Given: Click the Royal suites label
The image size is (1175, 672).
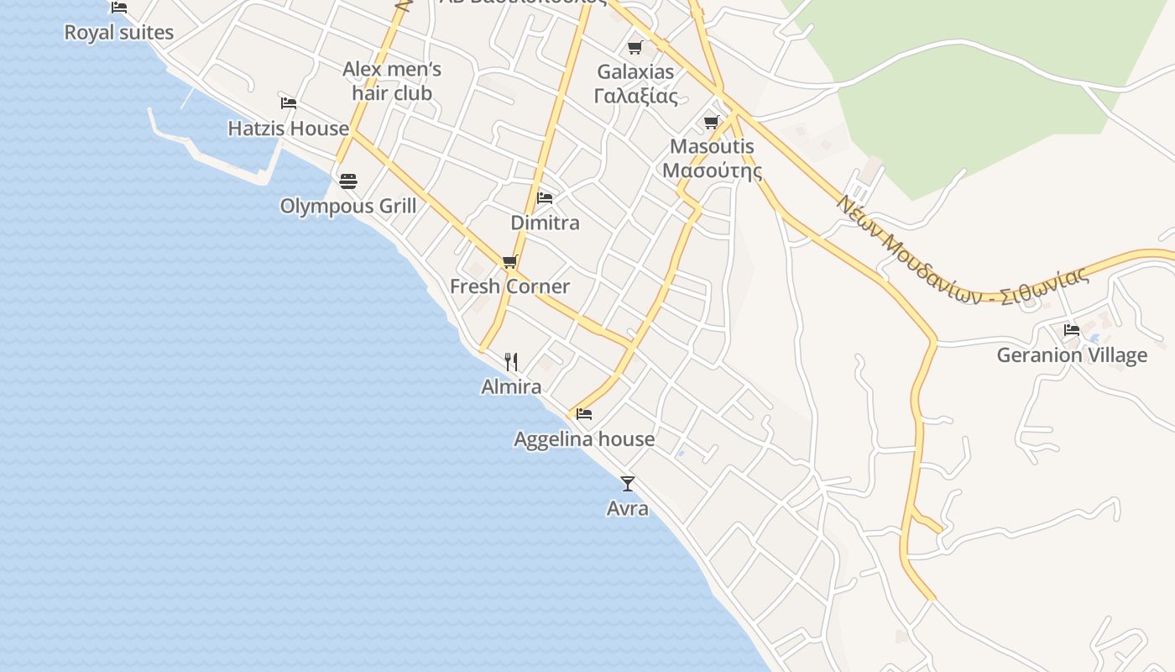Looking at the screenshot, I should click(119, 33).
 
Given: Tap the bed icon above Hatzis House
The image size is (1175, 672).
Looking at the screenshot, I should click(289, 103).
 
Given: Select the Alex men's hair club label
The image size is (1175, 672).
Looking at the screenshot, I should click(392, 81).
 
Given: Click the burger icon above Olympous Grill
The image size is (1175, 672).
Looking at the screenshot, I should click(348, 181).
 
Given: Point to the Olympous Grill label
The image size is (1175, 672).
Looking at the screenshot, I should click(348, 206).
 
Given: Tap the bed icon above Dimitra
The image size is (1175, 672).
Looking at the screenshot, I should click(545, 198).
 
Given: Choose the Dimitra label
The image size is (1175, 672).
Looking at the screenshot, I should click(545, 223).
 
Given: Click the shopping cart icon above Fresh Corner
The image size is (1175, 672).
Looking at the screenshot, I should click(509, 262).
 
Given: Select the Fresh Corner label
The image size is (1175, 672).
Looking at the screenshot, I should click(509, 286).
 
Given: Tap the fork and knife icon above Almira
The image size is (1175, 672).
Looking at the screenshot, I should click(511, 362).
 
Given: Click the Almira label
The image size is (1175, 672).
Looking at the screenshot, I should click(511, 387).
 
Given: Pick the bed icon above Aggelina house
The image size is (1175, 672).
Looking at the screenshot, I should click(584, 414).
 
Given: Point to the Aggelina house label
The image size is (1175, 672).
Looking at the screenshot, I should click(584, 439).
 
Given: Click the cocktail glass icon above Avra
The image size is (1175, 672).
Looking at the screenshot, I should click(627, 484).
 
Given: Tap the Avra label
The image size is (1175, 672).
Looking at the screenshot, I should click(627, 509).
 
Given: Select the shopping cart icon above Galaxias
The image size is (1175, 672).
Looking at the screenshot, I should click(635, 47).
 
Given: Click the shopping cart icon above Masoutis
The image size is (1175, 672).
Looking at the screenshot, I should click(712, 123).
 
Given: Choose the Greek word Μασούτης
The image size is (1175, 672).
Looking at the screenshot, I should click(712, 171).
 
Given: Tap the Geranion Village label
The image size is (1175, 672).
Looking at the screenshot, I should click(1072, 355).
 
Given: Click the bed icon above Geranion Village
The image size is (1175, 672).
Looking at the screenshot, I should click(1072, 330).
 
